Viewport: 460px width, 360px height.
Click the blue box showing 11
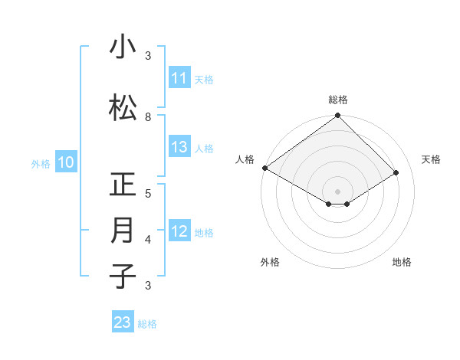click(179, 78)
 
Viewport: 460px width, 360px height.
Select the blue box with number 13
click(179, 147)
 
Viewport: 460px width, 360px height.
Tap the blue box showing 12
click(179, 231)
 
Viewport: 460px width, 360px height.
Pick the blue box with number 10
click(65, 162)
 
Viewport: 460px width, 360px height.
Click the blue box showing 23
click(123, 322)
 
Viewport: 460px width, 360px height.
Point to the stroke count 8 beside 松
click(148, 117)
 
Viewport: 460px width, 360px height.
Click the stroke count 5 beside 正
click(148, 194)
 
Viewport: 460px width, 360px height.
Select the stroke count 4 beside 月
click(148, 240)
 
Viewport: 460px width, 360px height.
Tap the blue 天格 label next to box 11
click(204, 79)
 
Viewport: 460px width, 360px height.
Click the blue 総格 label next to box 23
click(148, 323)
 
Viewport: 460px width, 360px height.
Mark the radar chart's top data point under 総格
click(337, 116)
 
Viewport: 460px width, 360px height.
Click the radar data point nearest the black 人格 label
click(264, 168)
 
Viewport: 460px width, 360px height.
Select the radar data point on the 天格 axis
click(396, 173)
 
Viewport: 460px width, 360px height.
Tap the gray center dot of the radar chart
click(337, 191)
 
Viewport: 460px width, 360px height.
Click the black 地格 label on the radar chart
click(402, 262)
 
